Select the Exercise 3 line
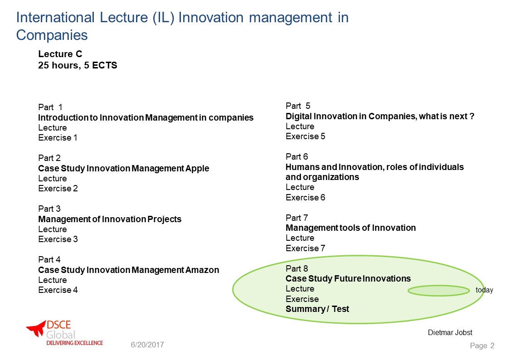(58, 239)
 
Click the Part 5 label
(298, 106)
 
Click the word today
(485, 290)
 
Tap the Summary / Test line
(317, 309)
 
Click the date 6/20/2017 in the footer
(147, 345)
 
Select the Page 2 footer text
(482, 345)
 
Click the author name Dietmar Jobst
(450, 332)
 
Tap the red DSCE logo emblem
(36, 328)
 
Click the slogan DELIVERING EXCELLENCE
(75, 343)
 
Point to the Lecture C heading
(60, 54)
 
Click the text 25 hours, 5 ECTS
(78, 65)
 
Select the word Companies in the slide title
(52, 35)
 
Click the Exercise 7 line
(305, 248)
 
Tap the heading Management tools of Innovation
(350, 228)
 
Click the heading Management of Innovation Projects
(110, 219)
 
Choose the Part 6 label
(297, 157)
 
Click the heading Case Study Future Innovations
(348, 279)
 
